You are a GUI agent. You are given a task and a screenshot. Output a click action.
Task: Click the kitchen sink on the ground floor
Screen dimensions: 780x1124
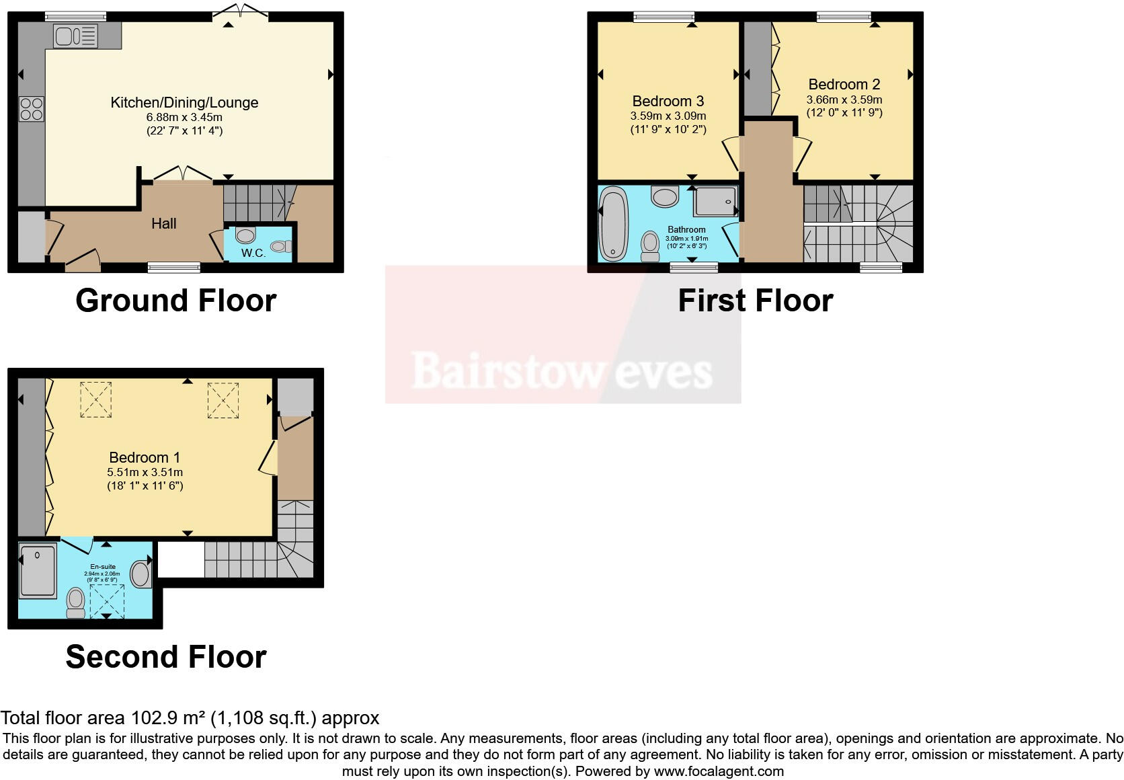pos(75,36)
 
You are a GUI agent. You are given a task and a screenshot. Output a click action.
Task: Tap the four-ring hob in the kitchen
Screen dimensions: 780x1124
pos(32,109)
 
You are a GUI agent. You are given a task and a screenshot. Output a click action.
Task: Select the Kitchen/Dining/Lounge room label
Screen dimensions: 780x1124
pos(184,102)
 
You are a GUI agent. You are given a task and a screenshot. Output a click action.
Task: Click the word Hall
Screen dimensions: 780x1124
pos(164,223)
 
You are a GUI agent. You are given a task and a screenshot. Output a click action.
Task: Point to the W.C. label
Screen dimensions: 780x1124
pos(253,253)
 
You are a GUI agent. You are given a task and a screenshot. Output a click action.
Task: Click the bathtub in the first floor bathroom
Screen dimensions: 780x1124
pos(612,224)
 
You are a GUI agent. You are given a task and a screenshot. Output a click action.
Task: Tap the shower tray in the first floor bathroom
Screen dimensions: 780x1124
pos(715,202)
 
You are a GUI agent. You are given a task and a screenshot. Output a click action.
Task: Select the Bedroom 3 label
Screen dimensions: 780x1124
pos(668,101)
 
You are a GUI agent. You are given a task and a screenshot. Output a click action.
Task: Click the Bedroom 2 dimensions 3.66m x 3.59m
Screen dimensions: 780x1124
pos(844,100)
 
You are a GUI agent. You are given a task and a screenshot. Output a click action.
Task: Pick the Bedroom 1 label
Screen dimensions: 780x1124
pos(145,457)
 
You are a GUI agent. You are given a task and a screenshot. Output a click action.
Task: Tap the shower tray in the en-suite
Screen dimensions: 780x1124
pos(38,571)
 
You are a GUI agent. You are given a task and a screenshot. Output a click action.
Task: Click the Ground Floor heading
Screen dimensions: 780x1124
pos(176,300)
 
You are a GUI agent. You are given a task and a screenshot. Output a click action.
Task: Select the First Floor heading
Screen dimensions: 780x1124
pos(755,300)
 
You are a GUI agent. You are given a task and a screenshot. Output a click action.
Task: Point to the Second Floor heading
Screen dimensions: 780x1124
pos(166,656)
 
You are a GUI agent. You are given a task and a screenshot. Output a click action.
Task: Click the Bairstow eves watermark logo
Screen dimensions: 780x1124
pos(562,370)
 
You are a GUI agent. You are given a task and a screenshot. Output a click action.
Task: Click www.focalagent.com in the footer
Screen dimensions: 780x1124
pos(719,771)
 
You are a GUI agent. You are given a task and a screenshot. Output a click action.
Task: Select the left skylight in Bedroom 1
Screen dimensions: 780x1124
pos(96,399)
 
